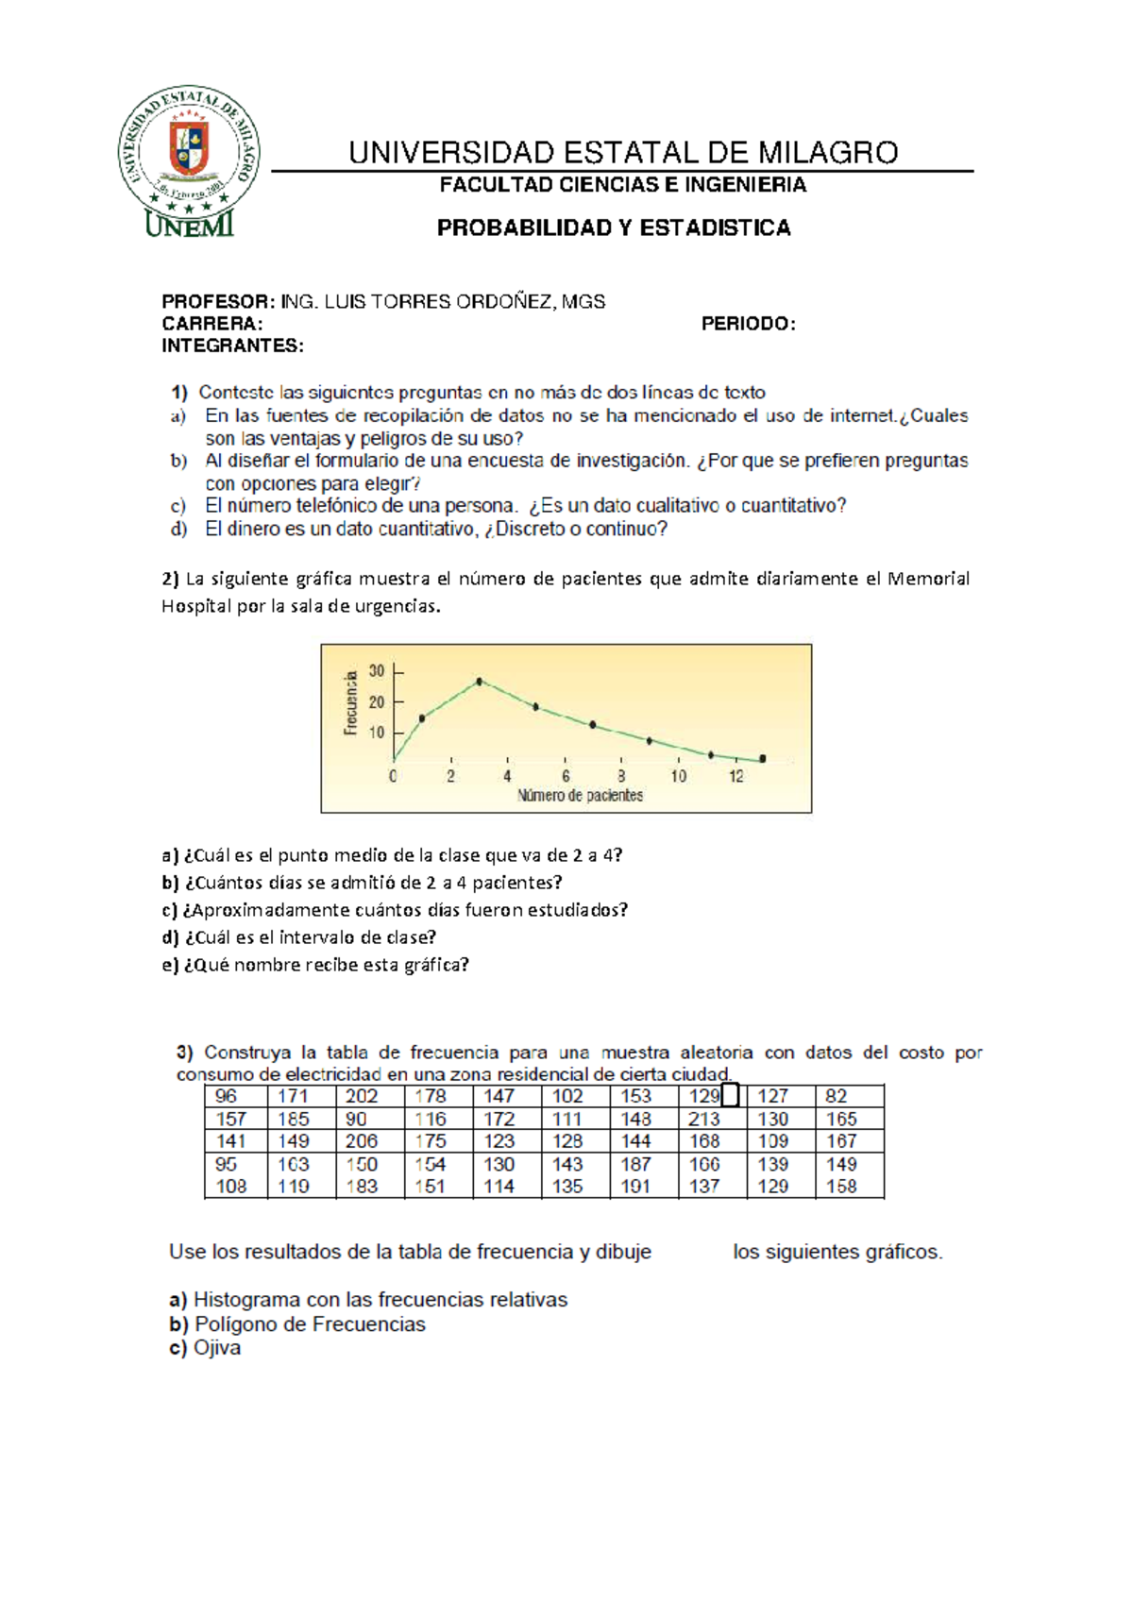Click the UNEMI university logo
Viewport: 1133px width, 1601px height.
click(x=189, y=162)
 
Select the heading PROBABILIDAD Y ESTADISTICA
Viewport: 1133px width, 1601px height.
click(x=614, y=228)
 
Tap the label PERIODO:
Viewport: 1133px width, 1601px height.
click(x=748, y=324)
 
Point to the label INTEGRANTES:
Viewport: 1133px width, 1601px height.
click(x=232, y=346)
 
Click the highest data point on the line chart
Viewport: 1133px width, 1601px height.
click(x=480, y=681)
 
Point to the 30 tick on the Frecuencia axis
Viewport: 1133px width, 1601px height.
click(x=377, y=671)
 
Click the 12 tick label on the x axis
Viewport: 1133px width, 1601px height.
click(x=736, y=777)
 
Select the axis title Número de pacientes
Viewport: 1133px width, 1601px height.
click(x=580, y=796)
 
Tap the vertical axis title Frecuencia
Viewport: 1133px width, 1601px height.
click(x=351, y=702)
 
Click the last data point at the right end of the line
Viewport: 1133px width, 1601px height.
click(x=763, y=758)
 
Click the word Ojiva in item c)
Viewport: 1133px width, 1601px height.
click(x=217, y=1348)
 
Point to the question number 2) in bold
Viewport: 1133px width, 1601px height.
click(x=170, y=579)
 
